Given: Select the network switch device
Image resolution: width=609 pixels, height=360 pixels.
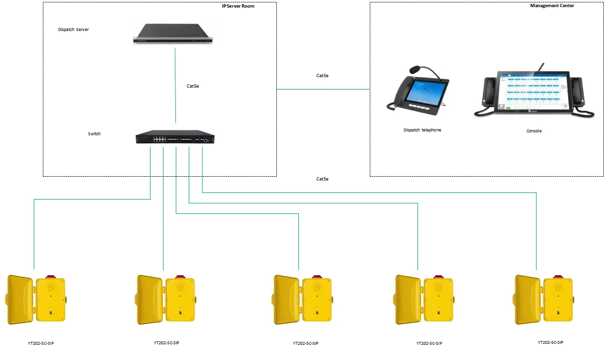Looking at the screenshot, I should point(175,137).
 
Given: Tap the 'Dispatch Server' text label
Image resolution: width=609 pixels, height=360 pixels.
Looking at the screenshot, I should point(73,30).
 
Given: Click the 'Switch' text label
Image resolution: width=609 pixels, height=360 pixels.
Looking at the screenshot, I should point(94,134).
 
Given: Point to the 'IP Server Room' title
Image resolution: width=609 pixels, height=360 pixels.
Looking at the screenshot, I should point(238,6).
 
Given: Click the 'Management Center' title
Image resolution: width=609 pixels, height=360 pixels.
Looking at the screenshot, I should point(552,6).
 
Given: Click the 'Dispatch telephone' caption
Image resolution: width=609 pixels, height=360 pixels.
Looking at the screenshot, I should point(422,130).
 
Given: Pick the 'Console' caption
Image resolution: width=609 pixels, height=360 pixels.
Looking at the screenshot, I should point(534,131).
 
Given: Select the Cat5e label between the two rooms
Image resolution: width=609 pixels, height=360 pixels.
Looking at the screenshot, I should point(323,75).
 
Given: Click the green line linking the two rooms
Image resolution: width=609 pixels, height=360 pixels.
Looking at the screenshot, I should point(323,89).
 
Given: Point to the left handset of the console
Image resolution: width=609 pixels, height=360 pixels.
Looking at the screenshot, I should point(489,93).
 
